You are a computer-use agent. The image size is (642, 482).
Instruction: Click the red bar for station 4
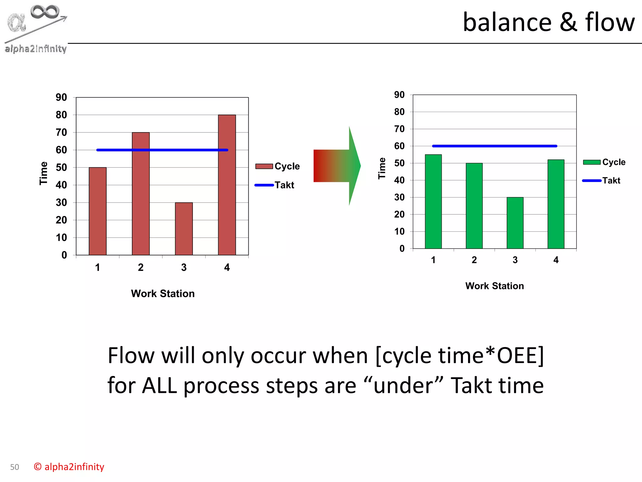point(227,185)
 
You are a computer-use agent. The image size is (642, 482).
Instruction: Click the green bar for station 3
point(515,223)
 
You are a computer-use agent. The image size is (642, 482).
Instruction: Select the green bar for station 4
point(556,204)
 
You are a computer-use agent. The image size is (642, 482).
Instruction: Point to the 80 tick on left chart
point(61,115)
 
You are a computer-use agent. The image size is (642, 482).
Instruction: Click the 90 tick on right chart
point(399,95)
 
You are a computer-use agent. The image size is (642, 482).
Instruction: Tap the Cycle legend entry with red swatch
point(278,166)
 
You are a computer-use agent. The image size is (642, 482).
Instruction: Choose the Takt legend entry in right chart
point(602,180)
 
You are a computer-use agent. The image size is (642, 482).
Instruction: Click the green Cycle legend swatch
point(592,162)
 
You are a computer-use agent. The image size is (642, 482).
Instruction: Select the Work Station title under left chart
point(163,293)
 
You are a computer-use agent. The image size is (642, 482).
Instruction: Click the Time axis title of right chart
point(382,168)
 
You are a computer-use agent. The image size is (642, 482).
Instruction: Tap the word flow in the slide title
point(610,23)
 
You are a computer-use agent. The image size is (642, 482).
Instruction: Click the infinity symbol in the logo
point(45,12)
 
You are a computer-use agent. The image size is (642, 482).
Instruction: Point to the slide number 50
point(14,467)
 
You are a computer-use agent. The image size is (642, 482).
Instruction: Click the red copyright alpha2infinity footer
point(69,467)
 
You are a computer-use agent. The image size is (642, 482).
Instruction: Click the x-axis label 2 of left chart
point(141,267)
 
